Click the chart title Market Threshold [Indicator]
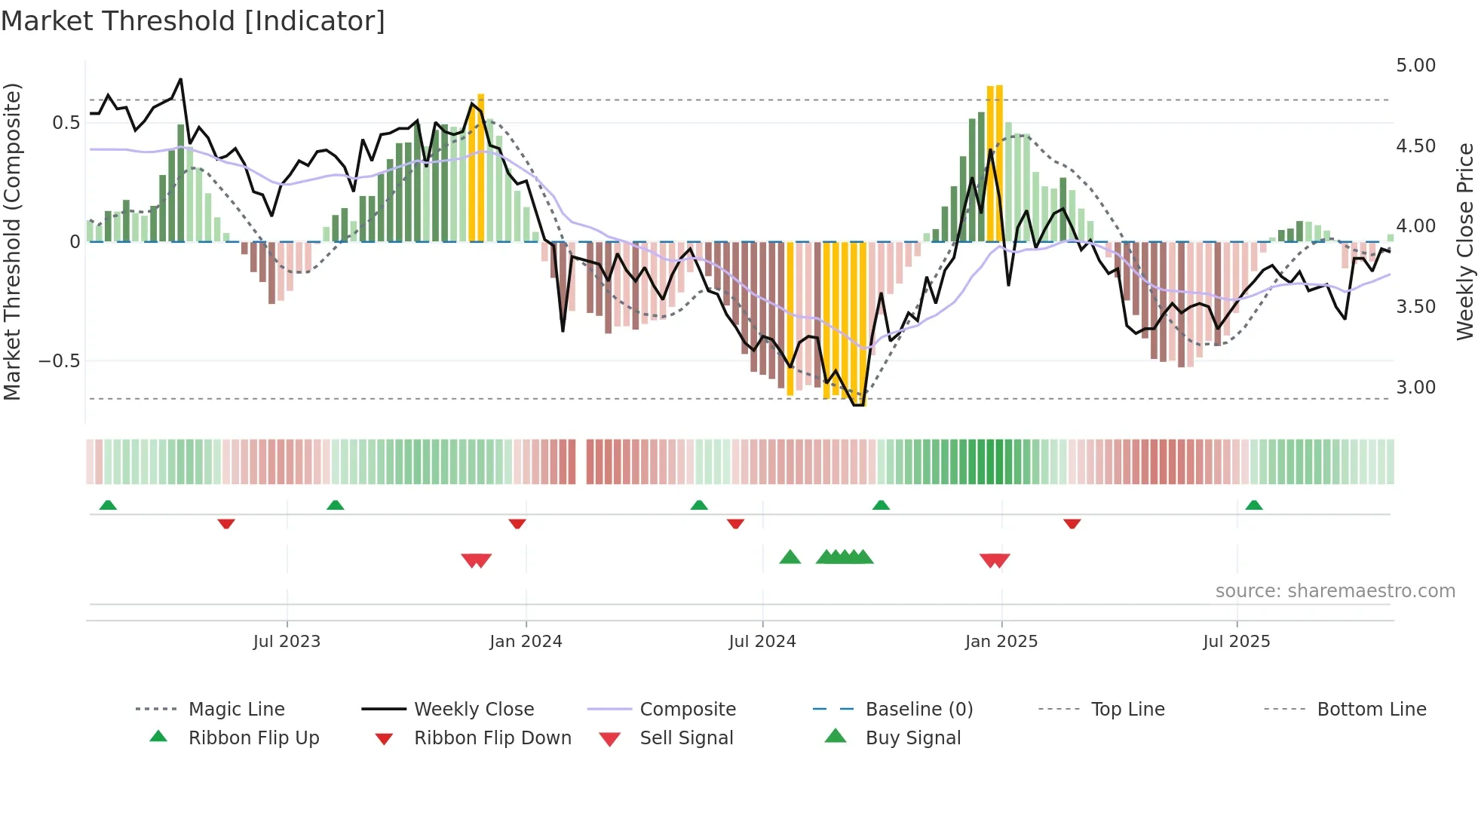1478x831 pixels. tap(193, 21)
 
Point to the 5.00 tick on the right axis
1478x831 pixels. tap(1415, 66)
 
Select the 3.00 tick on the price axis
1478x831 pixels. tap(1415, 388)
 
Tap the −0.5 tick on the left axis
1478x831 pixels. tap(59, 361)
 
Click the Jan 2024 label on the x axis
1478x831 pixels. tap(526, 642)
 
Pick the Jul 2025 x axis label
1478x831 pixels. tap(1236, 642)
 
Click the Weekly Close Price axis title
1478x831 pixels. tap(1464, 241)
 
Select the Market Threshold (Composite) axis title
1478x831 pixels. tap(12, 241)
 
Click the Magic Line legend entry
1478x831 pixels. tap(236, 710)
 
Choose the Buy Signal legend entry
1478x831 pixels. tap(912, 738)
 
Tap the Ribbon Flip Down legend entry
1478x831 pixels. tap(492, 738)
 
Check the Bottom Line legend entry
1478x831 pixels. tap(1371, 710)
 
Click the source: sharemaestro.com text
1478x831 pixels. tap(1335, 591)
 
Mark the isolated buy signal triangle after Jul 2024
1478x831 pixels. tap(790, 558)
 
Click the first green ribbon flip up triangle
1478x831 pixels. tap(108, 505)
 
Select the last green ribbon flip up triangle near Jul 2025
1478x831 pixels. tap(1253, 505)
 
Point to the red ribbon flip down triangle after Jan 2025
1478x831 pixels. tap(1072, 523)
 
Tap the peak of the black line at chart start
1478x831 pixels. tap(180, 79)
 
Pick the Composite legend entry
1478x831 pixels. tap(687, 710)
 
